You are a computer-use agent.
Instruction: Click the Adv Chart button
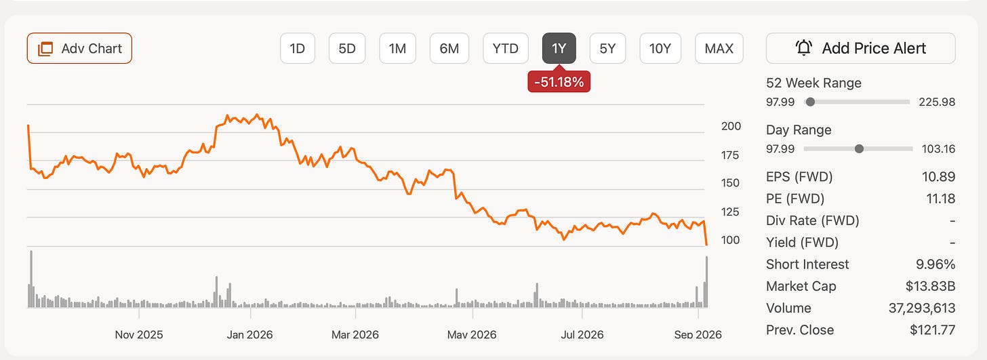point(79,48)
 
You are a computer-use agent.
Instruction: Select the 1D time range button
point(298,48)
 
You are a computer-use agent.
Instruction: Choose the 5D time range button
point(347,48)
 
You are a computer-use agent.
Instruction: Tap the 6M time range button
point(449,48)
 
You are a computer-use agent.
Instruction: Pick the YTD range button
point(506,48)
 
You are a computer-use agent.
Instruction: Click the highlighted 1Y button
point(559,48)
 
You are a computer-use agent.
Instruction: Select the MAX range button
point(719,48)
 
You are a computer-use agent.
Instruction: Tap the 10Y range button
point(660,48)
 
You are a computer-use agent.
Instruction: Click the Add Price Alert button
point(860,48)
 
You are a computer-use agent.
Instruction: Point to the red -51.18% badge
point(559,81)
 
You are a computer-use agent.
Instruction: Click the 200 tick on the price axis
point(731,126)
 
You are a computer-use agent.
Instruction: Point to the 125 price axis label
point(729,212)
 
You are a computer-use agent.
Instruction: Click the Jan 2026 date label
point(250,335)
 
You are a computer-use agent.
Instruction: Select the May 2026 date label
point(472,335)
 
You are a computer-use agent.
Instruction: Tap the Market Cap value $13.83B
point(930,286)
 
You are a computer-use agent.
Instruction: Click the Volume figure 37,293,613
point(922,308)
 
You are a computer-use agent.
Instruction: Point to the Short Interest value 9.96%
point(935,264)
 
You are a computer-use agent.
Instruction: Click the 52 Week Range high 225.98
point(937,102)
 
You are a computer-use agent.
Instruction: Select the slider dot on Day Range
point(859,149)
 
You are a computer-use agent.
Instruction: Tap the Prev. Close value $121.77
point(932,330)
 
